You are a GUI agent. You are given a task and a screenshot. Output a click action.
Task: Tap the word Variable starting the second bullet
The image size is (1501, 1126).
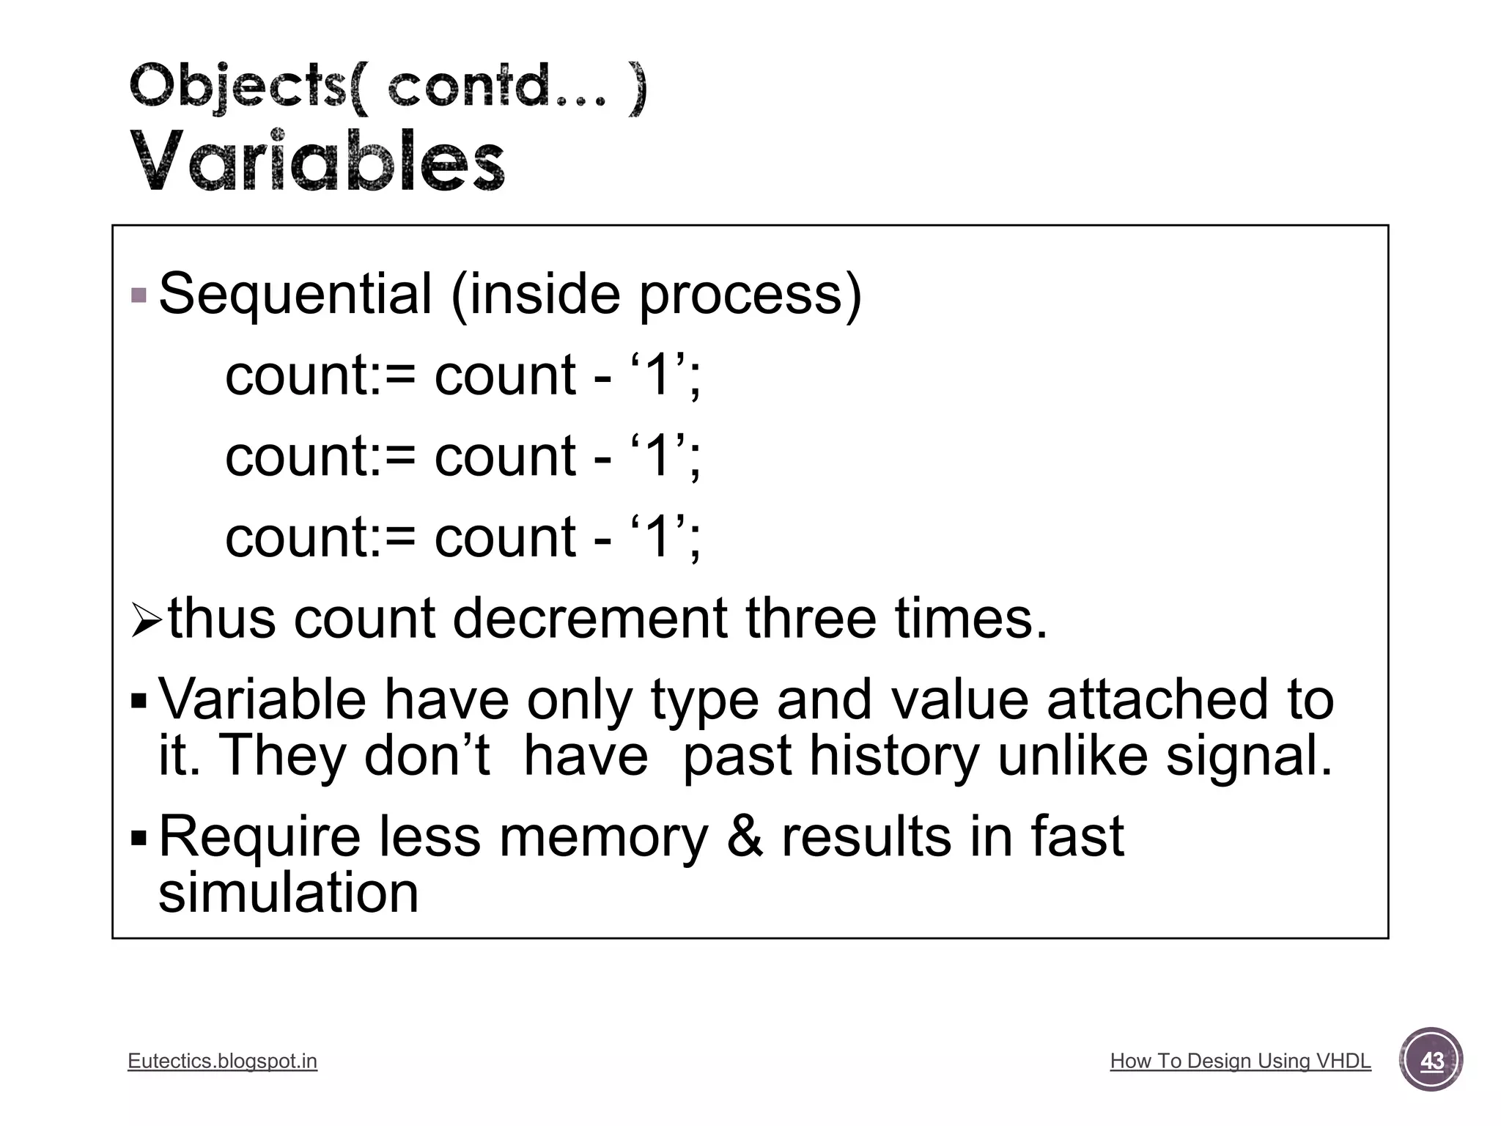[262, 699]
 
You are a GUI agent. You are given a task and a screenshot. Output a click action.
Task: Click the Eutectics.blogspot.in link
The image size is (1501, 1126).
[222, 1061]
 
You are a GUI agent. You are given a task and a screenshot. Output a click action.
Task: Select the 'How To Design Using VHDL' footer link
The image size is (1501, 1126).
[1240, 1061]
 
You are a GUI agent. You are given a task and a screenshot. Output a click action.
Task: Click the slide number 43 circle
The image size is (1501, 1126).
[1431, 1060]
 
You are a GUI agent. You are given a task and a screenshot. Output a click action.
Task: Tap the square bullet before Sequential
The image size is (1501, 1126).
[139, 296]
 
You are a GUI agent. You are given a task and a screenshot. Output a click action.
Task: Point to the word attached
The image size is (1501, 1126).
[1157, 699]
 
